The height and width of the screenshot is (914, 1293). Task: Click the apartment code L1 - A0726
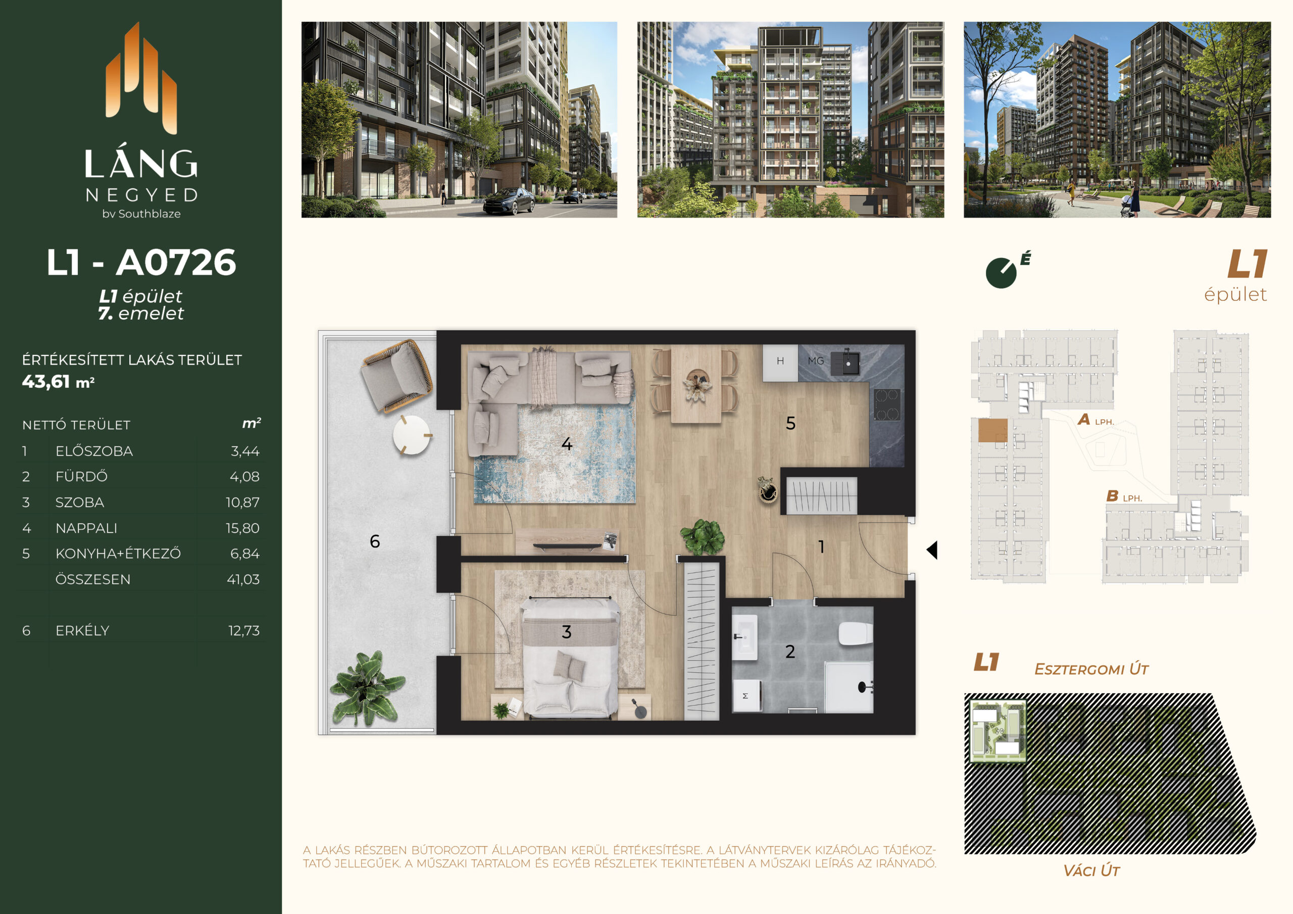click(141, 263)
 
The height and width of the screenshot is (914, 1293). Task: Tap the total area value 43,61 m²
click(58, 382)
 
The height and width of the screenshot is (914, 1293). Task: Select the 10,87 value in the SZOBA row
click(243, 502)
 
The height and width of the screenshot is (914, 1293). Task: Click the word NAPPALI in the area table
click(86, 528)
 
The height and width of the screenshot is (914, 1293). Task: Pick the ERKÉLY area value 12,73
click(244, 631)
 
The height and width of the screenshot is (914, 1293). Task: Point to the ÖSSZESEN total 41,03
click(243, 580)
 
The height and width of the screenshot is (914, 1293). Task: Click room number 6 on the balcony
click(374, 541)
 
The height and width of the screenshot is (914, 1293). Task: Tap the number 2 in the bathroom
click(790, 651)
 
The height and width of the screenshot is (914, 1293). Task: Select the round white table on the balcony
click(412, 435)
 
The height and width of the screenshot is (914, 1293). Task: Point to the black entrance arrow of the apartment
click(932, 550)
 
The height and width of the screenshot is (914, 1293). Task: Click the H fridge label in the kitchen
click(780, 361)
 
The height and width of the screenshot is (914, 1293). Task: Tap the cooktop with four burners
click(887, 404)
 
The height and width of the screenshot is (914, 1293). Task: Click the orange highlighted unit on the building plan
click(992, 431)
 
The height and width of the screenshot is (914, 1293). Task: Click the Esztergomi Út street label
click(1091, 669)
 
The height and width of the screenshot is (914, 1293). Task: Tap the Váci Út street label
click(1091, 871)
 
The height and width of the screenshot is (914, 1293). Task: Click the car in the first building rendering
click(509, 201)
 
